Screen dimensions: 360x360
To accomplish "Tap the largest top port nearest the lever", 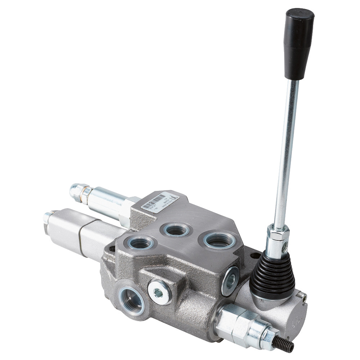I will [219, 240].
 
